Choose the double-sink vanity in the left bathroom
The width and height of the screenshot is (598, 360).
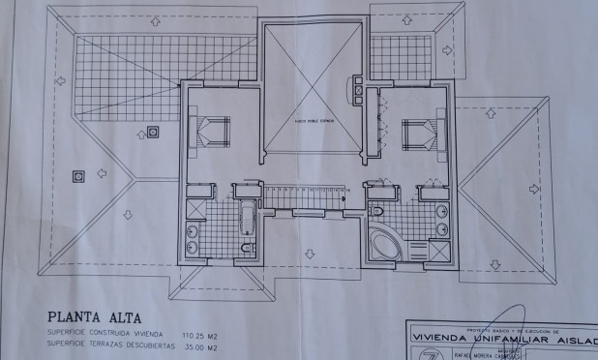[190, 239]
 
